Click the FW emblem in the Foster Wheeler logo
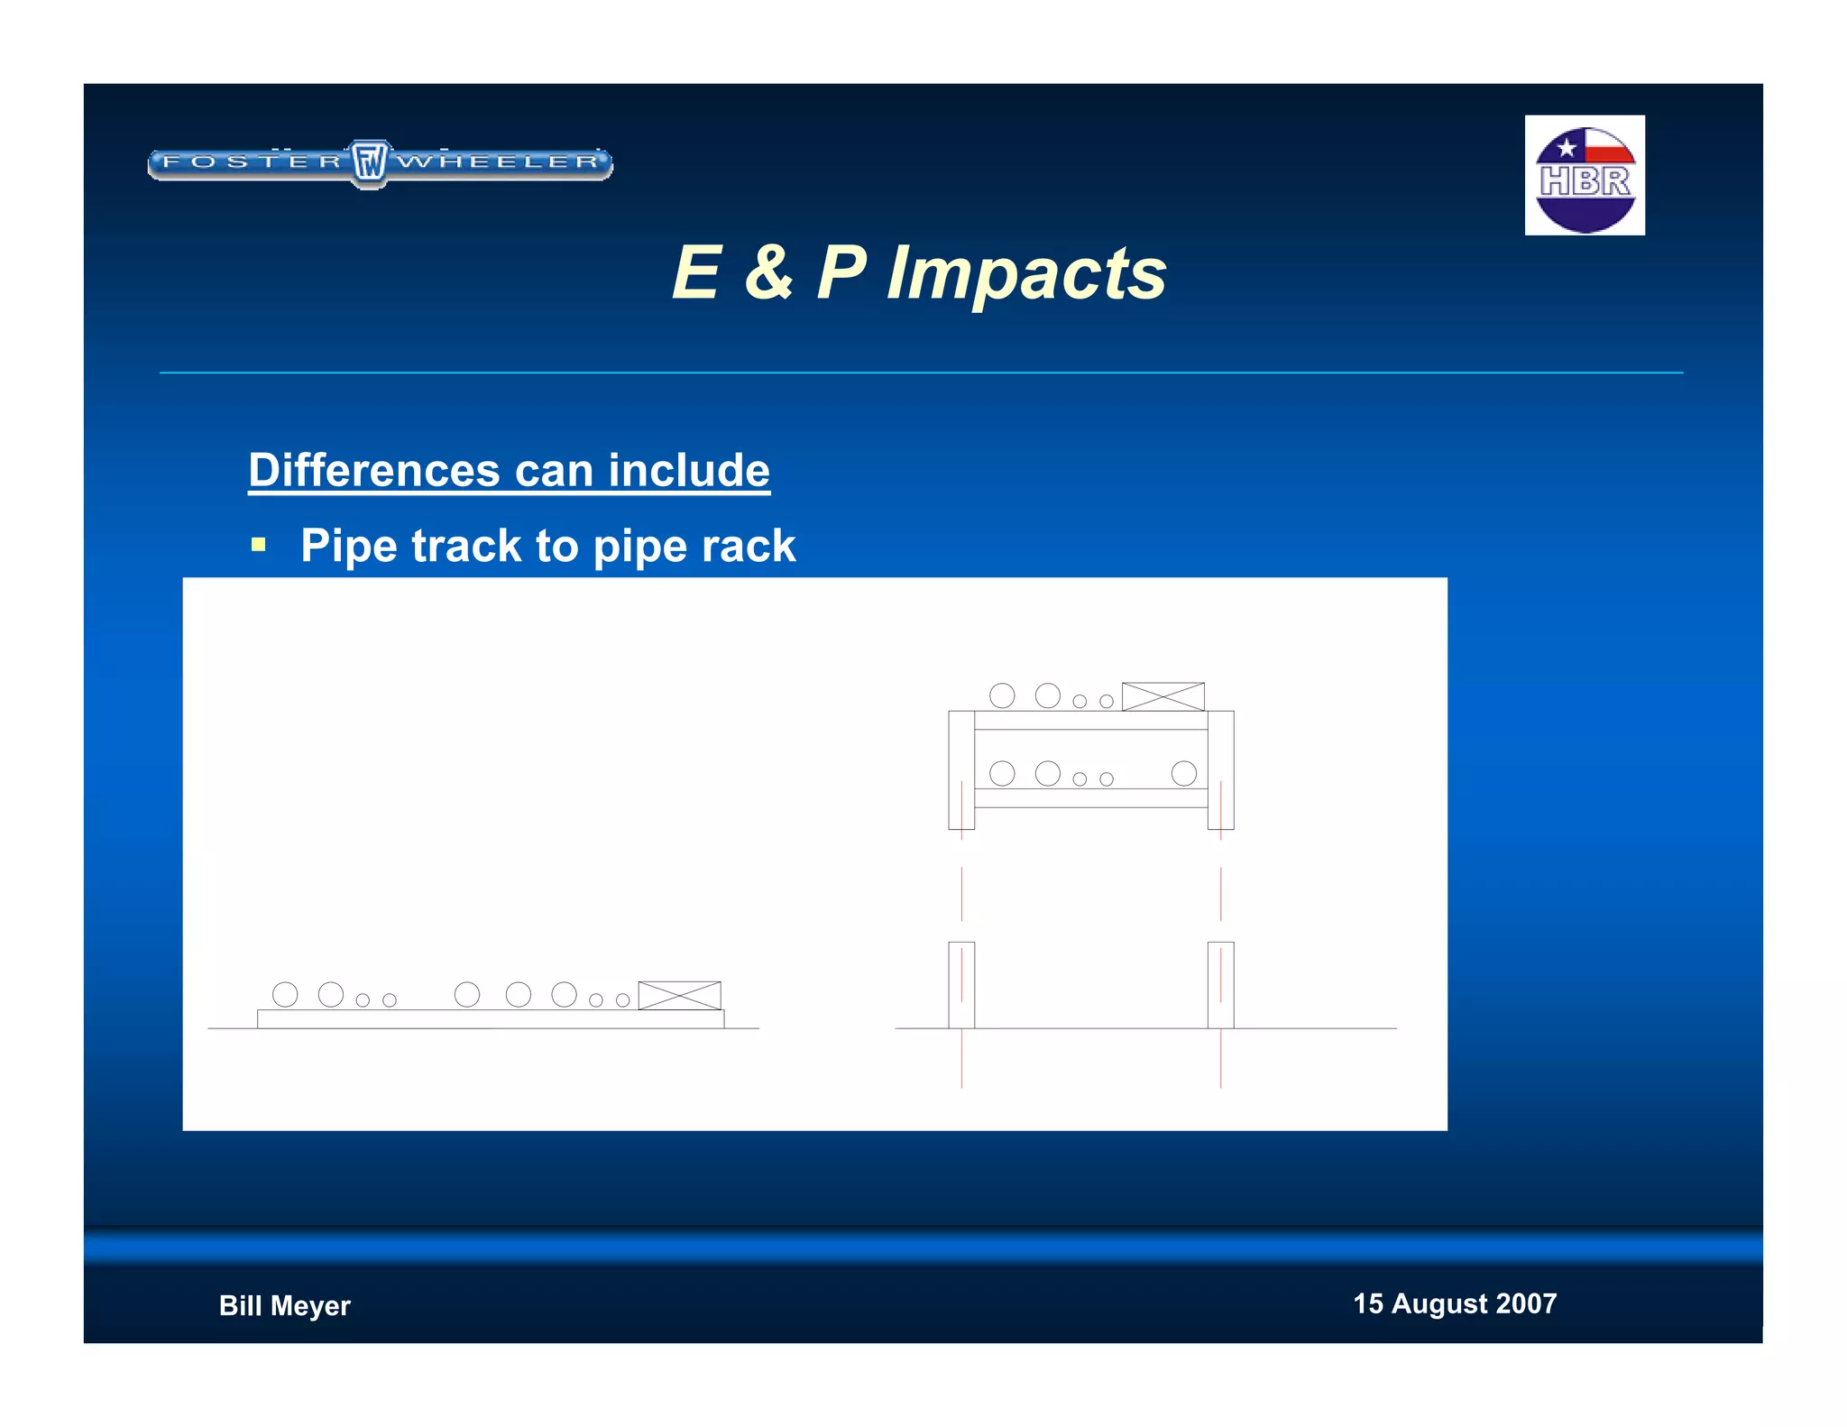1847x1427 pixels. click(369, 163)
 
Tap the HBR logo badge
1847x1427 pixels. click(1585, 175)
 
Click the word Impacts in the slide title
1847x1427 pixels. click(1026, 272)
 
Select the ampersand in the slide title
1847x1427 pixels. click(768, 272)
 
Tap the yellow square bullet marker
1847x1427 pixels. click(259, 544)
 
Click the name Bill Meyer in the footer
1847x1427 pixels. click(284, 1305)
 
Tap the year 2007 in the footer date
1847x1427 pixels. click(1525, 1303)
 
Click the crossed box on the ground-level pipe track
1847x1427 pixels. click(679, 995)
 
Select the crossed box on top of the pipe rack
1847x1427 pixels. click(1162, 696)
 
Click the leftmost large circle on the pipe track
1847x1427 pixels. click(285, 994)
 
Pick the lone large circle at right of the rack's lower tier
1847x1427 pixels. click(1183, 773)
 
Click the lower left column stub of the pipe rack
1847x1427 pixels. click(961, 985)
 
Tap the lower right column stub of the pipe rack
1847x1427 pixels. click(1220, 985)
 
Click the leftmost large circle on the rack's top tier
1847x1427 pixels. click(1002, 695)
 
